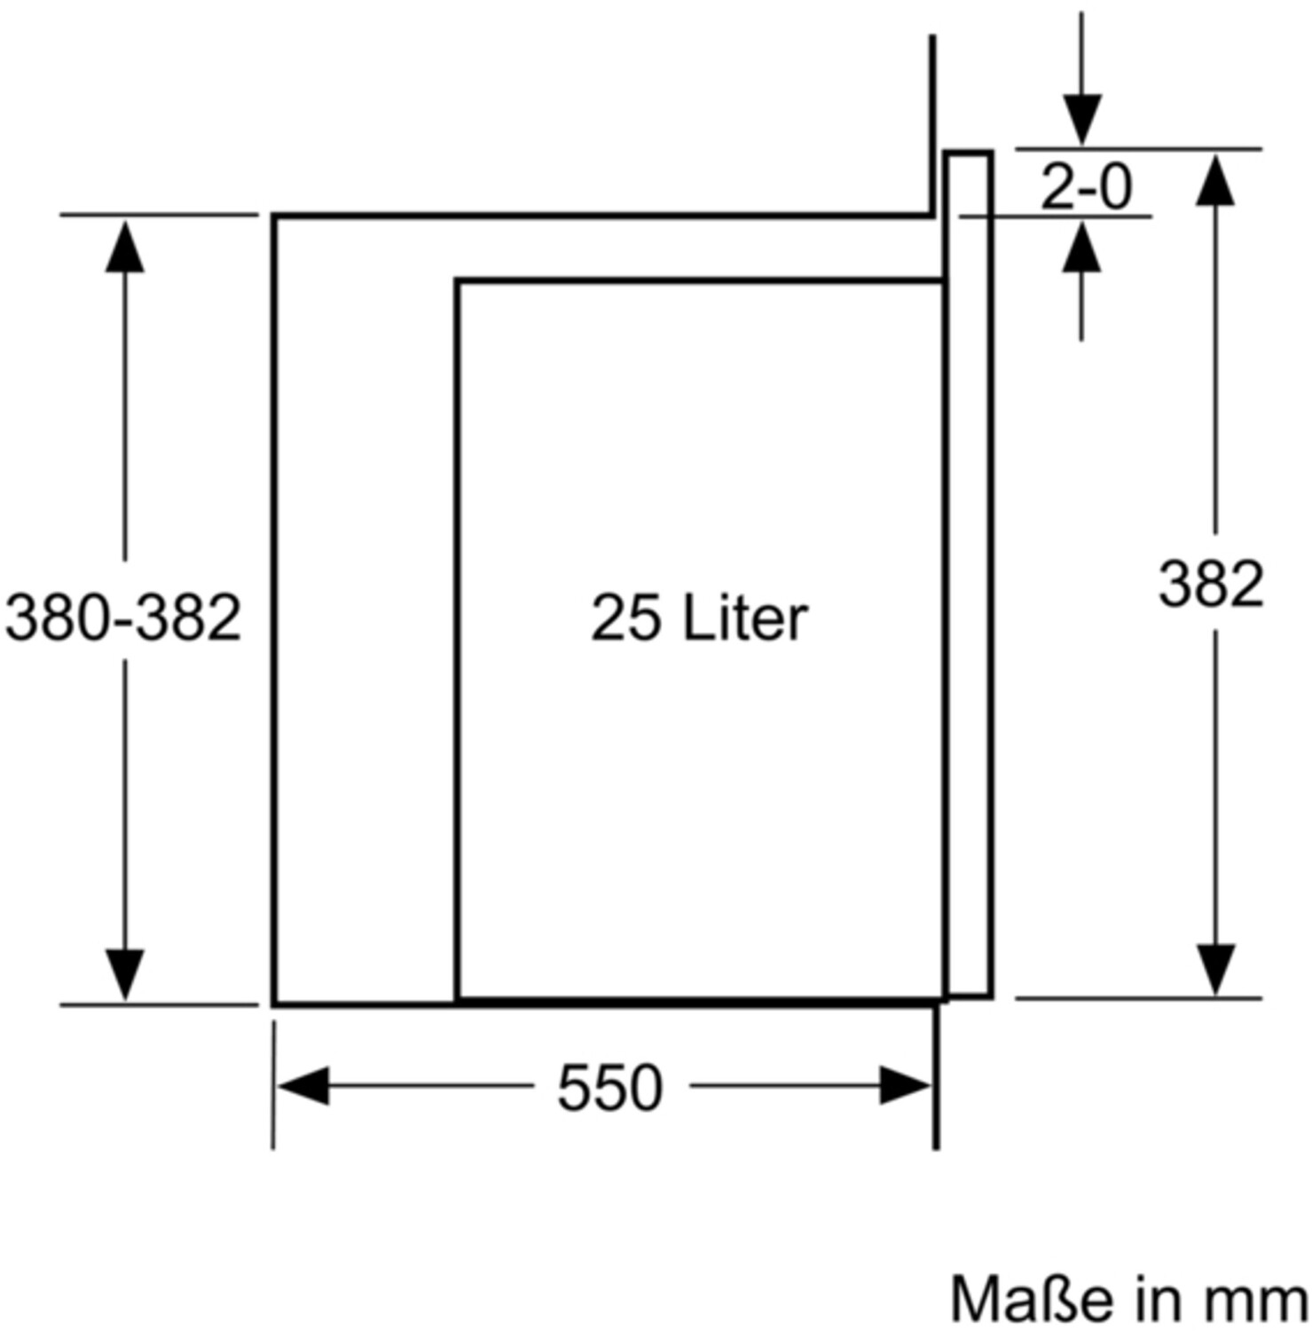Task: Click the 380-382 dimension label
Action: [123, 617]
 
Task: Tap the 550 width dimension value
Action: [609, 1088]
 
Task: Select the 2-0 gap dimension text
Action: [1086, 187]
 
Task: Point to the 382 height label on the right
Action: [1211, 584]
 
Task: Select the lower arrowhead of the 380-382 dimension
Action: [124, 974]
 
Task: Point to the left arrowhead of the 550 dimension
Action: [303, 1085]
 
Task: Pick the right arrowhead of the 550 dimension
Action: [906, 1085]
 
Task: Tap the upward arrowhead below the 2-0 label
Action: [1081, 246]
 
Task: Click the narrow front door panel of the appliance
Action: [969, 575]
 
